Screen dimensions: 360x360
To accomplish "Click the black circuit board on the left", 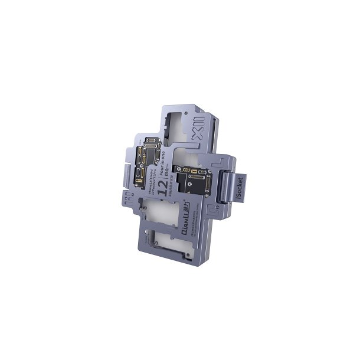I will [x=146, y=162].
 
